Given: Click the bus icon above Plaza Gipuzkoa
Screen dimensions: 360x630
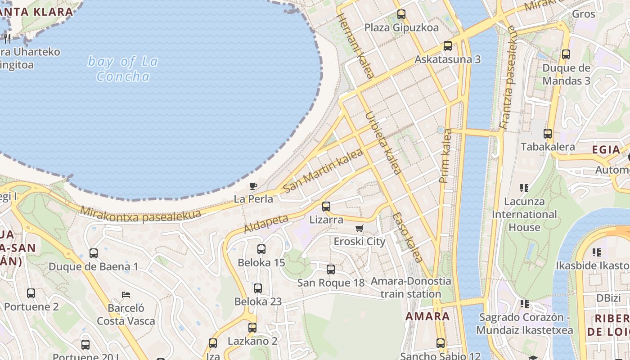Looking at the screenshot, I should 401,14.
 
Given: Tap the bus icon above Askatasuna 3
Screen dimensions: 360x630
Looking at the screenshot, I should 447,46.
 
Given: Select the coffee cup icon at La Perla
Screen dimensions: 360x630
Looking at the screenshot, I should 253,186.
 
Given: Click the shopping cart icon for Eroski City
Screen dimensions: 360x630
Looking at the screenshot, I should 359,229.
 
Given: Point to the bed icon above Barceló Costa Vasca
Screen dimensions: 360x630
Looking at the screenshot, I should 126,295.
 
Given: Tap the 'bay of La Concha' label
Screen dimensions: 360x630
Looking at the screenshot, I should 123,69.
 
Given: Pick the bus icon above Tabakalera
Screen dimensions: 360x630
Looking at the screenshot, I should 548,134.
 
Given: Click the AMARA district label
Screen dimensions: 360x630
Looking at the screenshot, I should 427,316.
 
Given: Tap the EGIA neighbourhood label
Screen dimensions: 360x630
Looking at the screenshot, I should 606,150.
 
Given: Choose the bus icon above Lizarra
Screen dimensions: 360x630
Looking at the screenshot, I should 326,207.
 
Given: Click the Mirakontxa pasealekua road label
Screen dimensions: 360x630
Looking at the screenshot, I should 140,214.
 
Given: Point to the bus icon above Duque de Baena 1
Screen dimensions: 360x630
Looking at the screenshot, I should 94,253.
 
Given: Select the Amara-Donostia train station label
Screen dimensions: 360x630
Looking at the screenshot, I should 410,288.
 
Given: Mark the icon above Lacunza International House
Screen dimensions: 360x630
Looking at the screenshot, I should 524,188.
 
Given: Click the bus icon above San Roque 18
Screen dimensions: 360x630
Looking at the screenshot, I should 331,270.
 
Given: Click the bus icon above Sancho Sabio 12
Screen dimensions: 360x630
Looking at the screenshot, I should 441,343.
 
